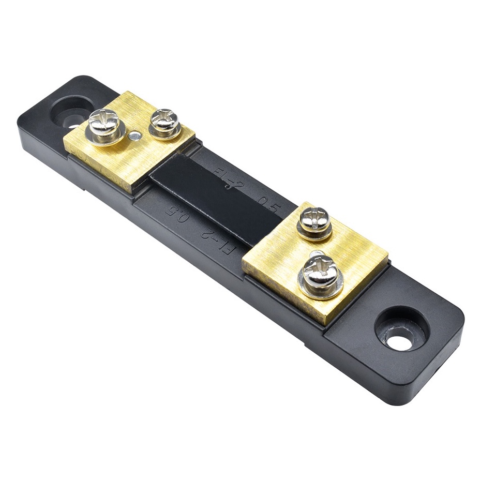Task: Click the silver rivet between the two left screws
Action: (x=134, y=136)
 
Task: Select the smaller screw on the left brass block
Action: (x=164, y=122)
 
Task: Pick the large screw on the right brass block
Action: (x=321, y=274)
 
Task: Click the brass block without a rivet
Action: (x=315, y=259)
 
